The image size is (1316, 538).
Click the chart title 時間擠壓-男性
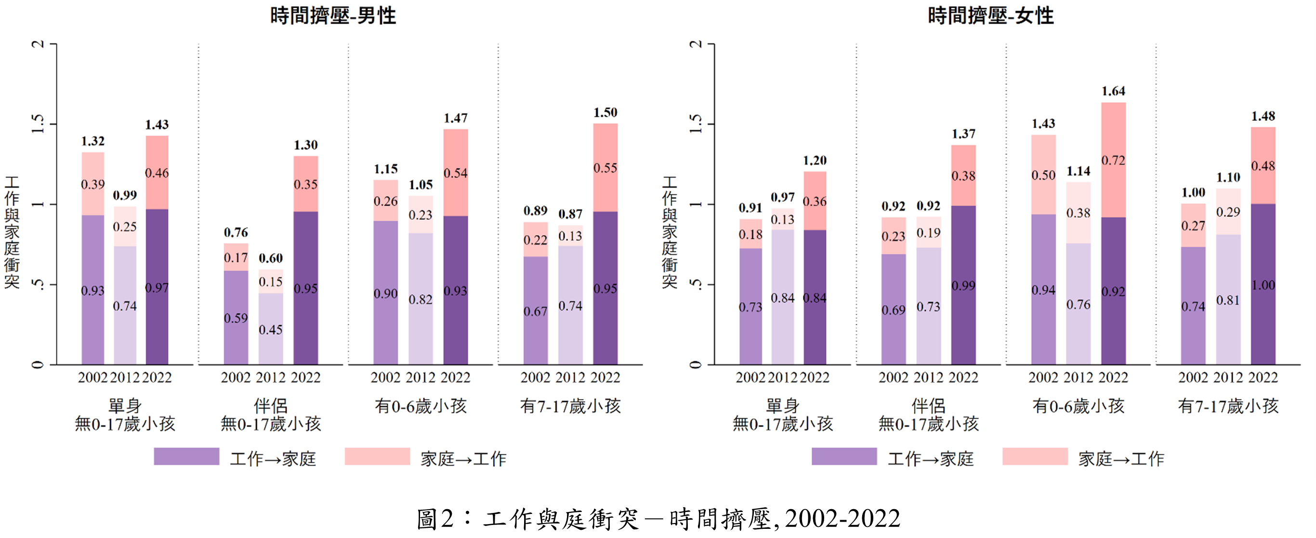tap(333, 16)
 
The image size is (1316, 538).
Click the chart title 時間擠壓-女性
tap(990, 16)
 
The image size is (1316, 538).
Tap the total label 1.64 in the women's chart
tap(1113, 92)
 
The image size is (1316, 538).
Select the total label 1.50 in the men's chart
tap(605, 112)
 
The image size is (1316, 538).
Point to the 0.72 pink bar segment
tap(1113, 160)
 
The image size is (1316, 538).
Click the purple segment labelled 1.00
tap(1263, 285)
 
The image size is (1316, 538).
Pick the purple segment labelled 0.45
tap(271, 329)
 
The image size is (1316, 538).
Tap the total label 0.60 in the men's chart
tap(271, 258)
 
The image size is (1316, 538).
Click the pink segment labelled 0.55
tap(605, 168)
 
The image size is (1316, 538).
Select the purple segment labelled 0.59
tap(236, 318)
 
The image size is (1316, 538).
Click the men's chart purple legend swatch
tap(186, 456)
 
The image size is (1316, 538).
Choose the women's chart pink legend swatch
tap(1035, 456)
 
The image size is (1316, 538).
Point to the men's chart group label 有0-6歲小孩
tap(421, 406)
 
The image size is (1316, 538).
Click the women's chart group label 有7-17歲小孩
tap(1228, 406)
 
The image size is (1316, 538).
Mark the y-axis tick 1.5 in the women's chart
tap(696, 124)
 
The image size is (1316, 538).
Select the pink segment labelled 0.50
tap(1043, 175)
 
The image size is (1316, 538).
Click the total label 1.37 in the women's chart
tap(963, 134)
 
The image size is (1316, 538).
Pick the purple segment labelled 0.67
tap(535, 311)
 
